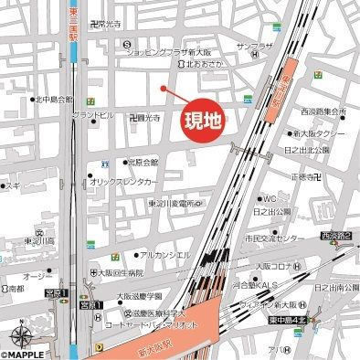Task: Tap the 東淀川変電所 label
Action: [x=160, y=203]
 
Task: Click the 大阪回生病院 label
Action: [x=122, y=272]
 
